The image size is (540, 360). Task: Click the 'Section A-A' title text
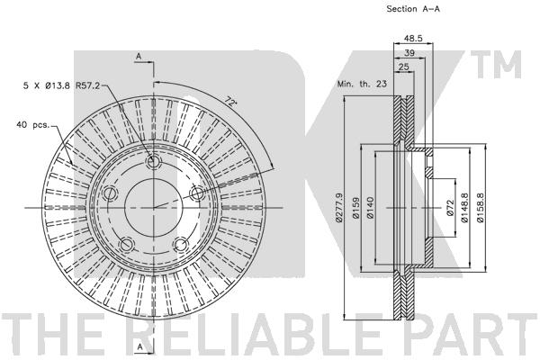coord(413,9)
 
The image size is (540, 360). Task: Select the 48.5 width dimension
coord(413,38)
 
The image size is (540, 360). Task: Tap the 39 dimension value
coord(409,53)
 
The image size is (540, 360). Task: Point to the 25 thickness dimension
coord(403,67)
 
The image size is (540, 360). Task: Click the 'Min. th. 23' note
coord(362,84)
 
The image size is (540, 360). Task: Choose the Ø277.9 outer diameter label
coord(339,207)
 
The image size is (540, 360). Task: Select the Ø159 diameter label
coord(355,207)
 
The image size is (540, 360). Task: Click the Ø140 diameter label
coord(370,207)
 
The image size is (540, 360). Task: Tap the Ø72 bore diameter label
coord(451,207)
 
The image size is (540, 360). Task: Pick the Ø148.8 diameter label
coord(465,207)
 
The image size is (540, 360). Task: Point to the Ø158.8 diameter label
coord(480,207)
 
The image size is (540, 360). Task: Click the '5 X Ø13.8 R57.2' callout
coord(61,85)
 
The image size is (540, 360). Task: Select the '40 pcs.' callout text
coord(33,125)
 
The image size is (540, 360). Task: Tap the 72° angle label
coord(231,102)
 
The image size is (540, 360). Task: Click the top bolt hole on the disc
coord(154,162)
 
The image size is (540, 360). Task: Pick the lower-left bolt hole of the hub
coord(127,245)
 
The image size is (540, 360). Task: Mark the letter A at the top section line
coord(139,56)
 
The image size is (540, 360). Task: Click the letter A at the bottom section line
coord(139,346)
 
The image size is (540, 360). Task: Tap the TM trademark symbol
coord(496,64)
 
